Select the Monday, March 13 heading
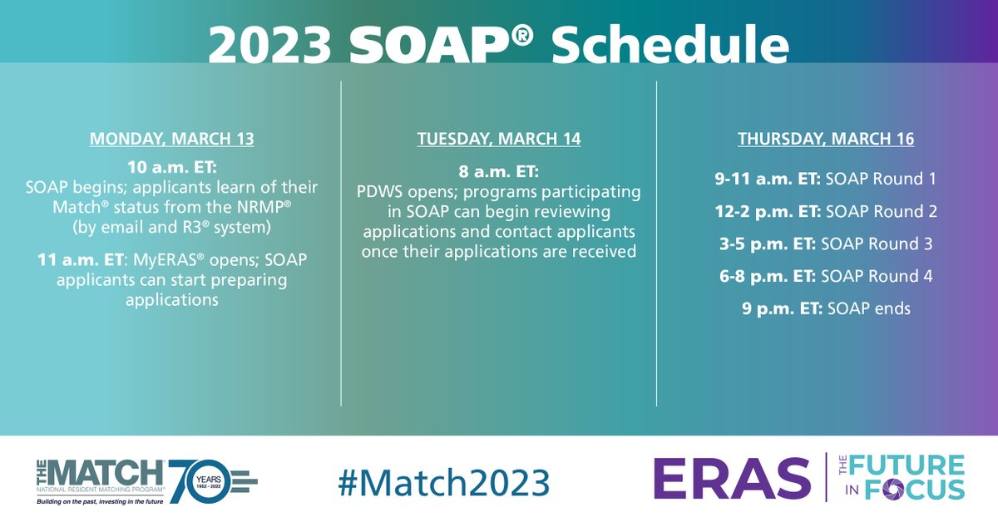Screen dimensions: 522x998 (172, 139)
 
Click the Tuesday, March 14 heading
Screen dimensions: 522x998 (499, 139)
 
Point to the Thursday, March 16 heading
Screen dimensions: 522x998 (826, 139)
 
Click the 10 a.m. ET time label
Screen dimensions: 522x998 (172, 165)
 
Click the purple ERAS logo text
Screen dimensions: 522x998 (732, 479)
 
